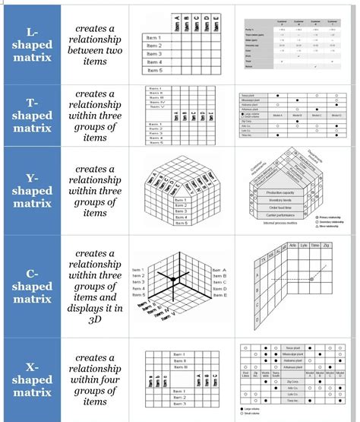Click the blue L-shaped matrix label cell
[31, 45]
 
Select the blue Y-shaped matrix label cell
[31, 190]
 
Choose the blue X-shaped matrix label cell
[31, 377]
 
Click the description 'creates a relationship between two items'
[94, 45]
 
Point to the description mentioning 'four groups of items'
[94, 377]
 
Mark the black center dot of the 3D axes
[173, 281]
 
